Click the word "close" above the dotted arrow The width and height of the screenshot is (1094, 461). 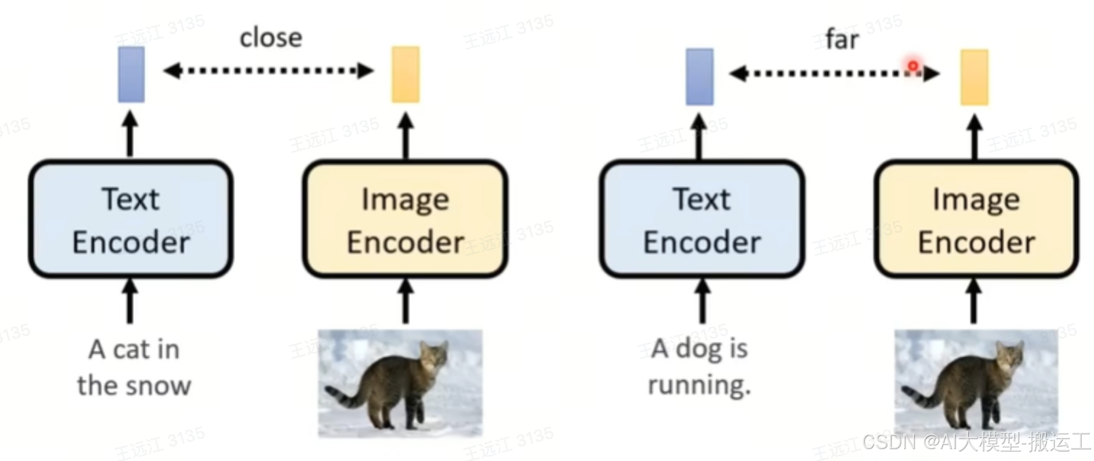click(x=271, y=38)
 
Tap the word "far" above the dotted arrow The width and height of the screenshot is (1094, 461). click(x=841, y=40)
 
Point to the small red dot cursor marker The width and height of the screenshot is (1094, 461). click(x=913, y=66)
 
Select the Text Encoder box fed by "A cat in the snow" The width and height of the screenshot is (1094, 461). click(x=131, y=219)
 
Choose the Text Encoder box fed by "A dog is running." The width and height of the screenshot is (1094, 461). click(x=702, y=219)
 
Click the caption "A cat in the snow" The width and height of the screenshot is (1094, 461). click(x=134, y=367)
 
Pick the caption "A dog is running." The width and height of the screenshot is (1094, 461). click(x=700, y=367)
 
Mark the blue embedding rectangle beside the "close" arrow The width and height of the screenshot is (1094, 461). click(x=131, y=75)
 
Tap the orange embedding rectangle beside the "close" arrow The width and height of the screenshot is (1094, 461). click(x=405, y=75)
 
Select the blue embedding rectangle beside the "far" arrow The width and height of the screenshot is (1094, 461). click(x=699, y=77)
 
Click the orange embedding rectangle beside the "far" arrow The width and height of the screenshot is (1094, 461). click(x=974, y=78)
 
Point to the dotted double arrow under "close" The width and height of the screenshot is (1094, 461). click(x=268, y=71)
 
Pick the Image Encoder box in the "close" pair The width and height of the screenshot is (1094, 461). click(x=405, y=219)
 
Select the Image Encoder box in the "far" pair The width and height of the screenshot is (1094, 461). click(x=976, y=219)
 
